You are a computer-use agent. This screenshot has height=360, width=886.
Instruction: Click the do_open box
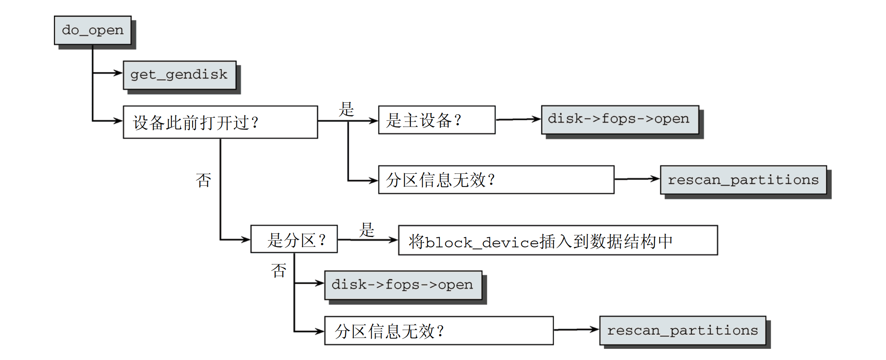pos(93,30)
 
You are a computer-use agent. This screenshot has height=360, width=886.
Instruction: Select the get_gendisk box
pos(179,75)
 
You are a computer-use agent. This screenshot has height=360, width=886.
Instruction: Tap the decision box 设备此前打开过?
pos(220,122)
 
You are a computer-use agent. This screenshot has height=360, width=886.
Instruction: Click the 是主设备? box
pos(436,120)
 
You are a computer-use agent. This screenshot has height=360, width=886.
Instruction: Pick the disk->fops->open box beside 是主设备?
pos(620,119)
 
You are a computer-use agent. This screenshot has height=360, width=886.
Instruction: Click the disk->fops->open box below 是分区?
pos(403,285)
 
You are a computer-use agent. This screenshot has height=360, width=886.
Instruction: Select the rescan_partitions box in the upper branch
pos(743,180)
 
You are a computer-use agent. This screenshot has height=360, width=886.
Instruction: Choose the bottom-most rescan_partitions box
pos(682,330)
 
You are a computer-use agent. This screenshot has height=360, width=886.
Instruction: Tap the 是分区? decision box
pos(294,239)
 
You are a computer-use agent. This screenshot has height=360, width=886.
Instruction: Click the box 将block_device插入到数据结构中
pos(558,240)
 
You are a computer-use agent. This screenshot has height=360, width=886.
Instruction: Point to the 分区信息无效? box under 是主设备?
pos(496,180)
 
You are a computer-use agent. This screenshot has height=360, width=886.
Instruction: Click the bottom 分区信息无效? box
pos(439,330)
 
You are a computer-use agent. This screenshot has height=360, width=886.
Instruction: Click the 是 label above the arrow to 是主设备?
pos(346,109)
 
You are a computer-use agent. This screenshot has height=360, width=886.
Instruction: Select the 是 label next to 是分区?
pos(366,230)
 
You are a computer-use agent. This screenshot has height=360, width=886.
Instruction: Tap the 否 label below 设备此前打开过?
pos(203,180)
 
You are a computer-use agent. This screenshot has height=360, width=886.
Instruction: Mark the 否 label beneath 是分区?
pos(278,270)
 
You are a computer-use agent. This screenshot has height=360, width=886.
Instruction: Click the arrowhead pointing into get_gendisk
pos(118,73)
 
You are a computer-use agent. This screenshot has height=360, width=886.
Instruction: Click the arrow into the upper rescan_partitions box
pos(637,179)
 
